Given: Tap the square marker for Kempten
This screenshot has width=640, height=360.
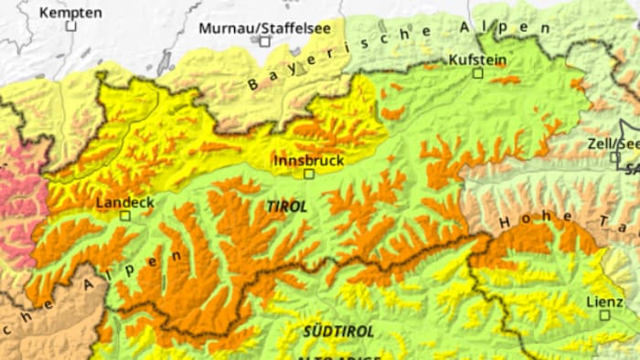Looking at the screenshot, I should [x=71, y=26].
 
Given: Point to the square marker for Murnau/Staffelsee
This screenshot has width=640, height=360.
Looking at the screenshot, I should [x=265, y=42].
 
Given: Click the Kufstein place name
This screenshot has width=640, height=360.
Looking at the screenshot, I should [x=477, y=58].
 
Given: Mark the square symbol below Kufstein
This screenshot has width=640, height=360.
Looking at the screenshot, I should [x=477, y=73].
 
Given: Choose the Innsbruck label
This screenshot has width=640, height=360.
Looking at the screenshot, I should [x=309, y=160].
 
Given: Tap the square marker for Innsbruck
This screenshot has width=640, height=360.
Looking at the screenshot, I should [x=309, y=174].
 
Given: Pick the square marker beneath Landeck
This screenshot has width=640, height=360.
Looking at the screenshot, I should [x=125, y=216].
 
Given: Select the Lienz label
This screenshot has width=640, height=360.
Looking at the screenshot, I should [x=603, y=301].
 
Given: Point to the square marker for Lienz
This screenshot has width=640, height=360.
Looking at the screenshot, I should [x=604, y=314].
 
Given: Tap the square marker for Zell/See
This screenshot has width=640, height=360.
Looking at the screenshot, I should [x=615, y=157].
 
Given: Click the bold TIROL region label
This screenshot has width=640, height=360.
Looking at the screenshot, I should [x=286, y=207].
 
